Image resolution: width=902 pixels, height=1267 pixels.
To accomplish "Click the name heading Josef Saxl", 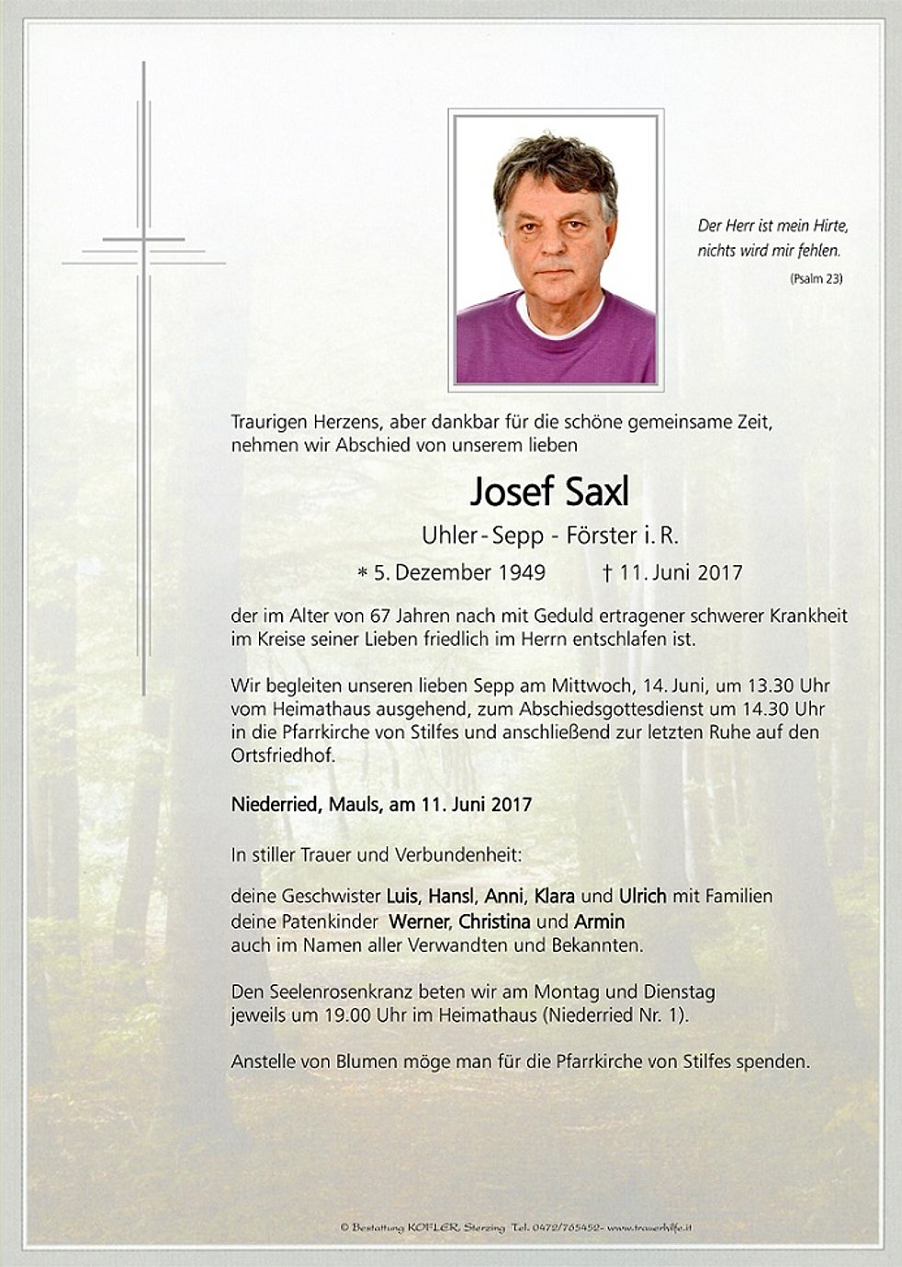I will (x=549, y=492).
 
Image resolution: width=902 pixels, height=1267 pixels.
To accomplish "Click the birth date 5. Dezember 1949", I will (x=458, y=572).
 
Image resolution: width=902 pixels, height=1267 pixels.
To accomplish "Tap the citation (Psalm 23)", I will (x=815, y=278).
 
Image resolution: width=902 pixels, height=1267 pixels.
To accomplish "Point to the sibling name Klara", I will (x=554, y=896).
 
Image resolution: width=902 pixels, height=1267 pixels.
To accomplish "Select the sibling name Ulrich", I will (x=643, y=896).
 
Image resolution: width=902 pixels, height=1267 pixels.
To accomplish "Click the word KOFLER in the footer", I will (x=448, y=1227).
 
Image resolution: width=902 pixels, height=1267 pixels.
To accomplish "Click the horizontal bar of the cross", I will (x=143, y=252).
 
